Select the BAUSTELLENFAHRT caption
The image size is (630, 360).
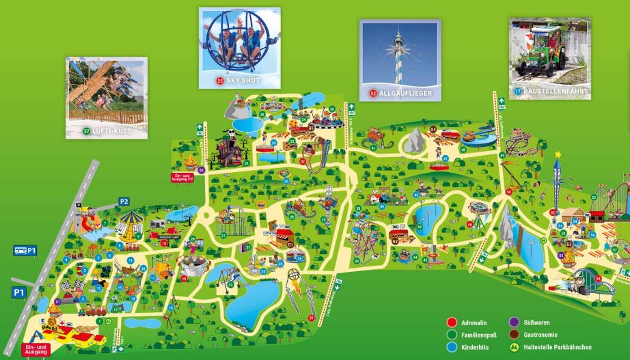point(556,90)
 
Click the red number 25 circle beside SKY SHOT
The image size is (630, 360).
point(220,81)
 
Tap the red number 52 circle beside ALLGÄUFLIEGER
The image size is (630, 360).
point(373,93)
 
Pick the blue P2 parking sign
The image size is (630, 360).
point(124,201)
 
